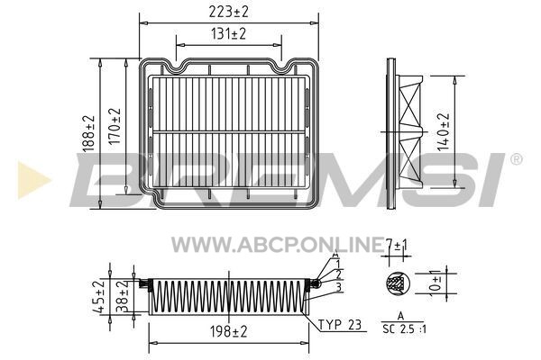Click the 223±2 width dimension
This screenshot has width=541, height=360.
click(x=228, y=12)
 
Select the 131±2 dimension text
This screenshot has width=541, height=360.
click(x=228, y=34)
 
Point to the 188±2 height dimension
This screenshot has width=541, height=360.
click(x=88, y=133)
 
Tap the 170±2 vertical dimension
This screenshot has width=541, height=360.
click(x=115, y=126)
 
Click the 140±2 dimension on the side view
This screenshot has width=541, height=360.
click(x=444, y=132)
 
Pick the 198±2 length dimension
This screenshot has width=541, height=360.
click(x=229, y=332)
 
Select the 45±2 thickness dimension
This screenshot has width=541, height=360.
click(x=99, y=297)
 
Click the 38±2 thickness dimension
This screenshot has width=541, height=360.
click(x=122, y=296)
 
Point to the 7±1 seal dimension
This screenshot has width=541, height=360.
click(x=397, y=246)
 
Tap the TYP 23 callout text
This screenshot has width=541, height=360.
click(x=340, y=325)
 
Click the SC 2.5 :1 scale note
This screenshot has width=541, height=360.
click(x=404, y=329)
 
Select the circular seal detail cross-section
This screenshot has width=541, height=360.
click(x=398, y=283)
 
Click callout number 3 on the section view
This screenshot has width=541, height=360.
click(x=338, y=287)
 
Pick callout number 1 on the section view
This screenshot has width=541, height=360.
click(x=338, y=265)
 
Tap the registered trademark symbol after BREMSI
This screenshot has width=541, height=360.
click(x=516, y=159)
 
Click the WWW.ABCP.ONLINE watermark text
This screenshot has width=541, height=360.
click(x=278, y=245)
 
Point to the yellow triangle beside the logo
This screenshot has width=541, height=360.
click(x=34, y=180)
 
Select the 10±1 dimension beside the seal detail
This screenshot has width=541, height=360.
click(x=436, y=283)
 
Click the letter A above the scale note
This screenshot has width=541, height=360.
click(x=400, y=316)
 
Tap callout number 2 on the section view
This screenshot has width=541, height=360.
click(x=338, y=274)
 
